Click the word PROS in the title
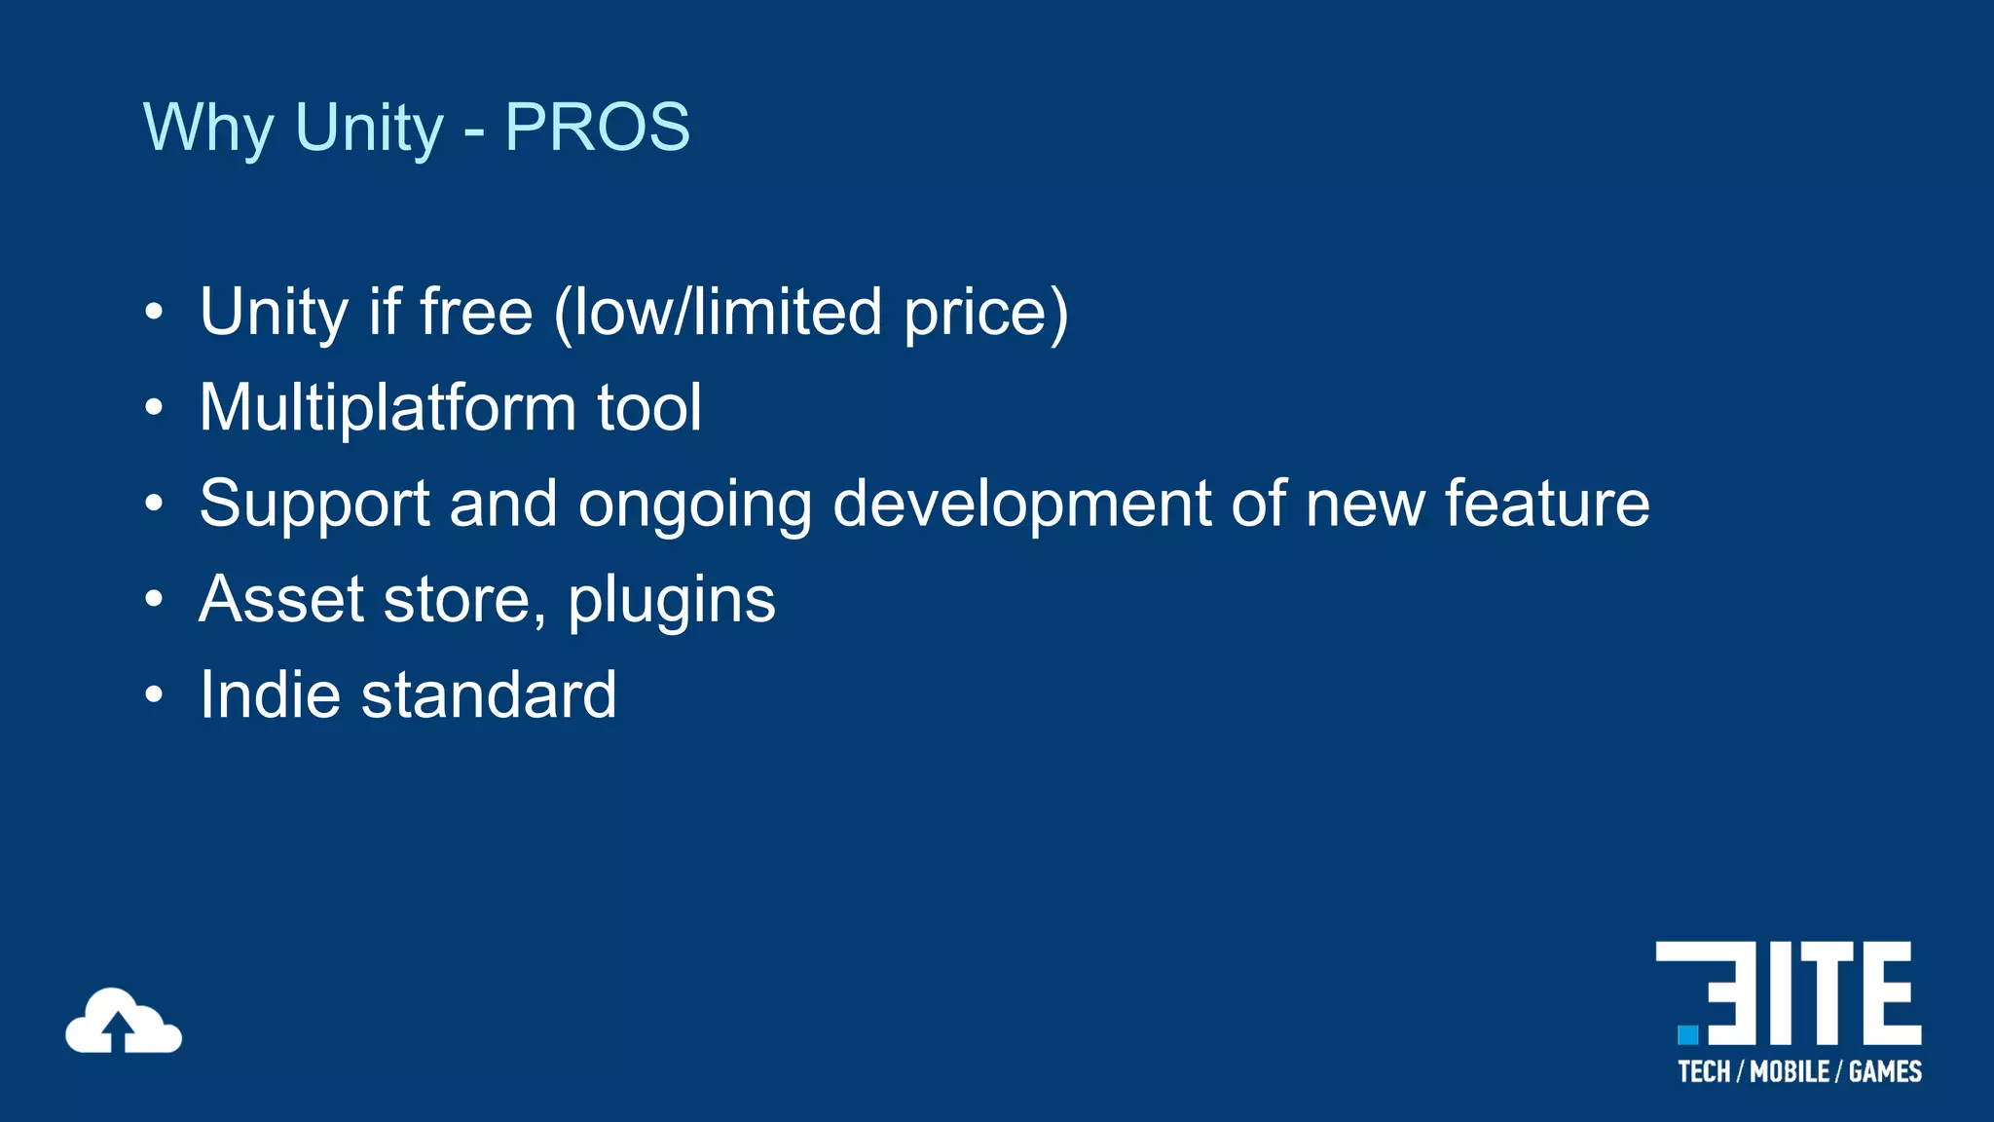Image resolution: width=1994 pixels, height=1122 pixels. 597,128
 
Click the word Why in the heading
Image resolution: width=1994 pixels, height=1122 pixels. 208,128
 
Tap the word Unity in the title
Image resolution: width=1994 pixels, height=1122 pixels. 369,128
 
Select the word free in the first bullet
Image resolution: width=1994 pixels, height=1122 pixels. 476,312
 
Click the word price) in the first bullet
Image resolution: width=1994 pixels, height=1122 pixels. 985,314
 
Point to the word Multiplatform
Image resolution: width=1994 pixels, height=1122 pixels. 388,407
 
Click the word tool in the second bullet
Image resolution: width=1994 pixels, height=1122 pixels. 648,407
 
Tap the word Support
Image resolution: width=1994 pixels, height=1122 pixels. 314,505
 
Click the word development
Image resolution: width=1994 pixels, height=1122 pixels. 1021,505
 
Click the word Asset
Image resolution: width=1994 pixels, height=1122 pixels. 281,598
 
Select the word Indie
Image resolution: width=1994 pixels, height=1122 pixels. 270,694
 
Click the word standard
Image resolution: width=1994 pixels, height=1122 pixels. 489,694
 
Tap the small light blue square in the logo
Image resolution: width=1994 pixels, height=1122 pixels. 1688,1034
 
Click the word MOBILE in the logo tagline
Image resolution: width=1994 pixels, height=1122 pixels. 1790,1071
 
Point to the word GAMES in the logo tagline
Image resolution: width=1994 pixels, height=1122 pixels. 1885,1071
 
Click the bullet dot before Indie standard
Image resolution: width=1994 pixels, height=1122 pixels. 154,695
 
